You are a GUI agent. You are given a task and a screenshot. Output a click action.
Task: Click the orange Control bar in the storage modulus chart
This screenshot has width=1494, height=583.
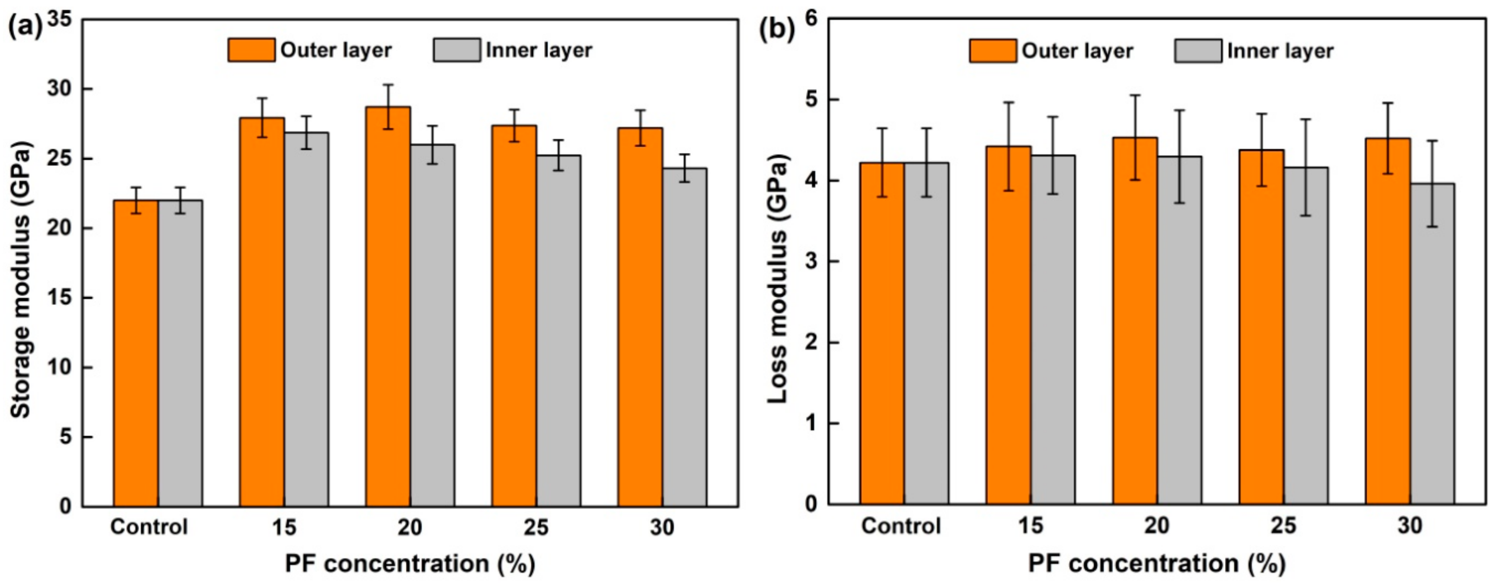coord(136,354)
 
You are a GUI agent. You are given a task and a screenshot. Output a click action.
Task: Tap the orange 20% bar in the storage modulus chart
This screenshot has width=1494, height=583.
coord(388,307)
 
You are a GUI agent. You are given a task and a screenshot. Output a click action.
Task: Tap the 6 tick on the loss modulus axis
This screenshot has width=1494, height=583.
coord(810,19)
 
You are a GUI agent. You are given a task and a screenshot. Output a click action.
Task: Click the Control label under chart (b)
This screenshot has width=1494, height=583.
coord(901,526)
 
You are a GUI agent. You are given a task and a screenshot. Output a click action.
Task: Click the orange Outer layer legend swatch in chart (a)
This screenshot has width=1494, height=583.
coord(251,50)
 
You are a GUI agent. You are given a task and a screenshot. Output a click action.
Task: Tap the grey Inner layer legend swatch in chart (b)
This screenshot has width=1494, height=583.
coord(1198,51)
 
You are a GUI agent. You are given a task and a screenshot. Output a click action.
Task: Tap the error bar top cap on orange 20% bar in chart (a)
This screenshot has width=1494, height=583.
coord(388,85)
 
